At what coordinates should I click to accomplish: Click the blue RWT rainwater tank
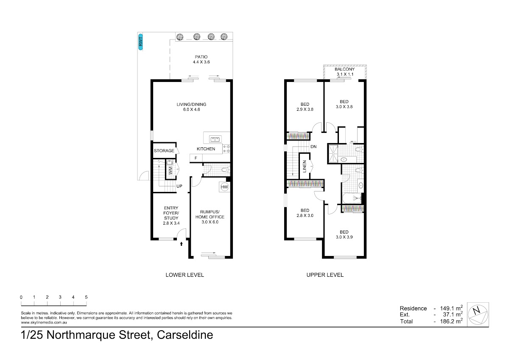pos(141,42)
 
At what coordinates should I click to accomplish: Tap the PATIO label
pos(201,57)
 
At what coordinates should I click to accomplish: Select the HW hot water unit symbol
pos(224,187)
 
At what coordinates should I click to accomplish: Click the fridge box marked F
pos(196,158)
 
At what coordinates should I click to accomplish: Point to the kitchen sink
pos(215,139)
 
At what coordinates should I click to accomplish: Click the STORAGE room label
pos(164,151)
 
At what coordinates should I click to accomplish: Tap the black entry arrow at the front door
pos(182,244)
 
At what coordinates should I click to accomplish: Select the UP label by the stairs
pos(179,186)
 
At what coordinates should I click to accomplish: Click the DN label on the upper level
pos(313,147)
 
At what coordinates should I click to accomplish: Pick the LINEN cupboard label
pos(305,166)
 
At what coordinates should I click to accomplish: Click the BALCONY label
pos(344,69)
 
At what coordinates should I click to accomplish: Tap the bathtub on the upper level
pos(352,198)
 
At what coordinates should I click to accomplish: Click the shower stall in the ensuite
pos(333,154)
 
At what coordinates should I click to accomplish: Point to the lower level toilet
pos(225,170)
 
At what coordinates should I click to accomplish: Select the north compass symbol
pos(478,315)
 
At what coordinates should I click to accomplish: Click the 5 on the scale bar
pos(86,297)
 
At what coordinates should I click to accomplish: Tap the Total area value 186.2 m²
pos(451,321)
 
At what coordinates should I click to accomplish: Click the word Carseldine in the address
pos(185,335)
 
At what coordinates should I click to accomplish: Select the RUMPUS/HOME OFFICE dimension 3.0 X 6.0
pos(210,222)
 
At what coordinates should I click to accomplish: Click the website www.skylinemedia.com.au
pos(44,323)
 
